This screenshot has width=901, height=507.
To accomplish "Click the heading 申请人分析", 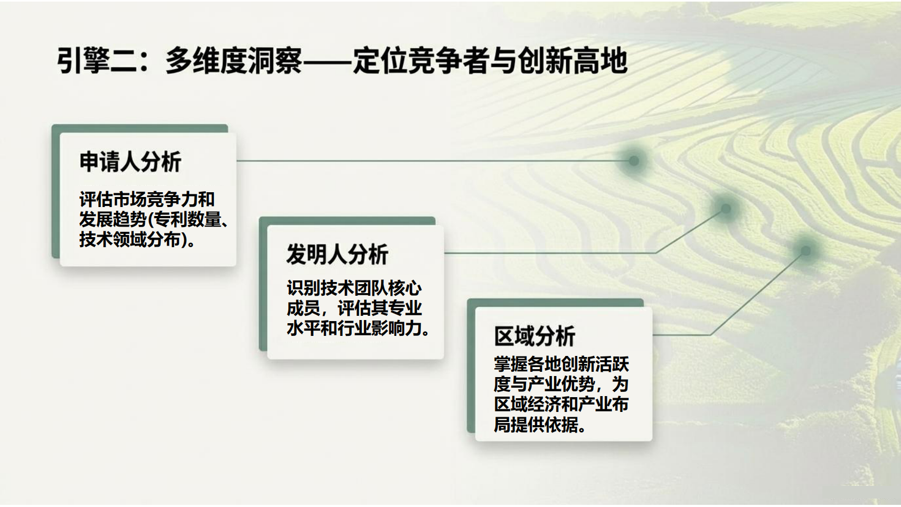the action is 130,162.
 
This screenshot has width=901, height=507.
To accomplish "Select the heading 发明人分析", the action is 337,255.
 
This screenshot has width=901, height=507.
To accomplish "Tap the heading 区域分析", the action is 534,336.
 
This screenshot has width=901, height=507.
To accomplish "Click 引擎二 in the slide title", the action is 97,61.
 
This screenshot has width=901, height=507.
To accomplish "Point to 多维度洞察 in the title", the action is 233,61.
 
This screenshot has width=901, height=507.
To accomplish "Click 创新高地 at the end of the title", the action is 572,61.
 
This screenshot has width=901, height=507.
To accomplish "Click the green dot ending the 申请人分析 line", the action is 634,161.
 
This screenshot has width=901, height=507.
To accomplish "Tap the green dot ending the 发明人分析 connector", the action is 726,209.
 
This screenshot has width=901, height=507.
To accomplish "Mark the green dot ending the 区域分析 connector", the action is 805,251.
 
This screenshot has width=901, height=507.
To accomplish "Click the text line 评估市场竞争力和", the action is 147,199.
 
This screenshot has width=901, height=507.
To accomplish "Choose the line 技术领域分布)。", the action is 137,239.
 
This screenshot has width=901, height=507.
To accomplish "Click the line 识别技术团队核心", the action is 354,288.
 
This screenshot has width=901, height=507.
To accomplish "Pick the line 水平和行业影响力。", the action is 359,328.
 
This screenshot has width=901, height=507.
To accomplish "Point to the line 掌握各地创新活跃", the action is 561,364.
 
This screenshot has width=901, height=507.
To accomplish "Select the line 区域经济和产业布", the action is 561,405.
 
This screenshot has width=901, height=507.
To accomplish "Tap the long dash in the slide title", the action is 327,62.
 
